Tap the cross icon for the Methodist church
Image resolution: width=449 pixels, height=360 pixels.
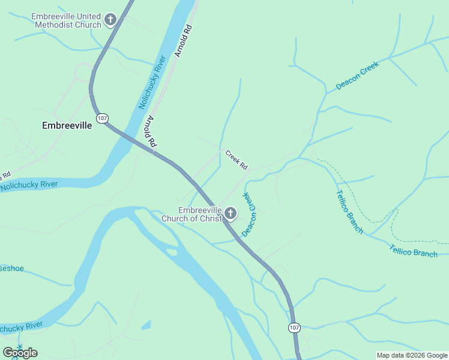[x=110, y=20]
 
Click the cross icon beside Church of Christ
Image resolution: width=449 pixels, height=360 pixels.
[x=230, y=214]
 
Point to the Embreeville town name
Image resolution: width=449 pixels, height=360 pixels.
[x=67, y=126]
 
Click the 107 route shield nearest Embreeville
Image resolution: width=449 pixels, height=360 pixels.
[x=102, y=118]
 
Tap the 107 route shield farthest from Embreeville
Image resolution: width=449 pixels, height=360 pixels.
[x=294, y=328]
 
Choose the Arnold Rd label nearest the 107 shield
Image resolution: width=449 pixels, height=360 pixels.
[x=149, y=133]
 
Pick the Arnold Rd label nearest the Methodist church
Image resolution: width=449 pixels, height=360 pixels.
[x=184, y=41]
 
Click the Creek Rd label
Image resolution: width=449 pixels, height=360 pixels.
[x=237, y=160]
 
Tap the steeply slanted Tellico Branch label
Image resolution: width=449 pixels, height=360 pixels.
[x=349, y=211]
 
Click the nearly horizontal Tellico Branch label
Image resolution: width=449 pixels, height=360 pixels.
[x=414, y=251]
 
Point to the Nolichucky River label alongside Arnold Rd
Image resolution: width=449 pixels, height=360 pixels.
[x=152, y=82]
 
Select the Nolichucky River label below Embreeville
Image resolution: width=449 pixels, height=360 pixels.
[x=29, y=185]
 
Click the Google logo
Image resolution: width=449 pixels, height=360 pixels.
[x=20, y=352]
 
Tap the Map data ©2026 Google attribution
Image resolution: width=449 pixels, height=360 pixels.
[x=412, y=355]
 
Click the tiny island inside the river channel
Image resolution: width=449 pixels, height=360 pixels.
[x=172, y=253]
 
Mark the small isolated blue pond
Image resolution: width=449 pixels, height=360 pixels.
[x=146, y=325]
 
